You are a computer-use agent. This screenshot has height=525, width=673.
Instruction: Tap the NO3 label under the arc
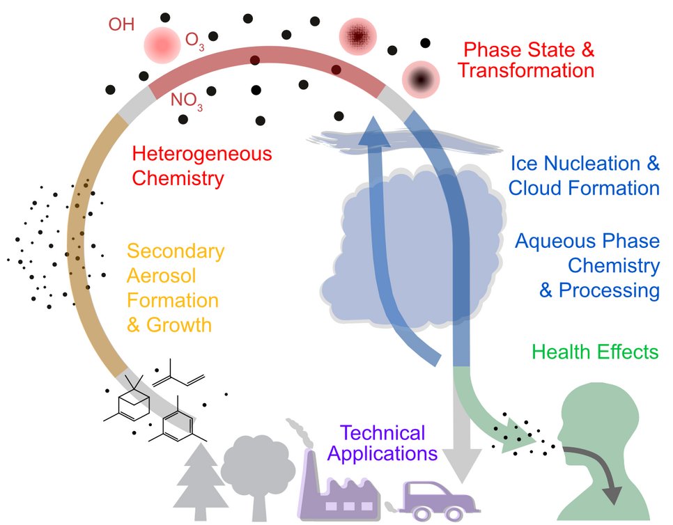(x=187, y=102)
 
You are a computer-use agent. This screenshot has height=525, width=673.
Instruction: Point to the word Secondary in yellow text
(x=176, y=251)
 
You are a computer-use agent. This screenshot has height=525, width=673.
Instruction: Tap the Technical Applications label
(x=382, y=444)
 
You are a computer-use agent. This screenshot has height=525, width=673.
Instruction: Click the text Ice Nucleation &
(x=585, y=164)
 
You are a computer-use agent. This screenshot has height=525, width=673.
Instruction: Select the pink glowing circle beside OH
(x=162, y=43)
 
